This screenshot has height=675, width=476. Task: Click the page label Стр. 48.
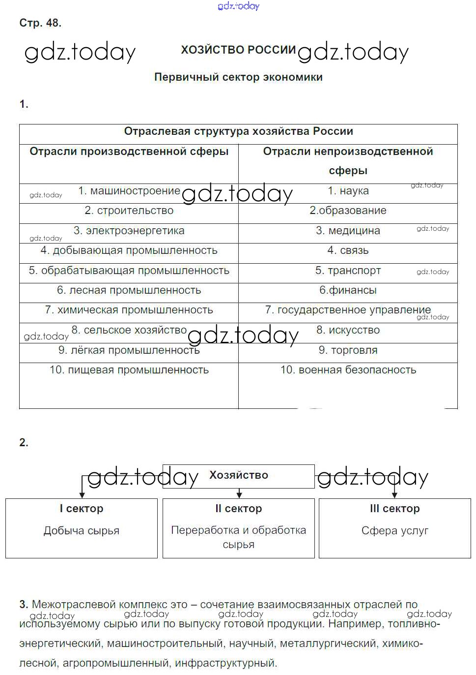click(x=40, y=23)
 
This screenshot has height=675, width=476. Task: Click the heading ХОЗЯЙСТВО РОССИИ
click(x=238, y=50)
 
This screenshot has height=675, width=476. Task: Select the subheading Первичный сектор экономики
click(x=238, y=77)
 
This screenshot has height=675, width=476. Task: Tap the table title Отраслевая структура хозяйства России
click(x=238, y=131)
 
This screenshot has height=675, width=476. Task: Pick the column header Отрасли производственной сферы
click(x=129, y=152)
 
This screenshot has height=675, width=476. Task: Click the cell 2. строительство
click(x=129, y=211)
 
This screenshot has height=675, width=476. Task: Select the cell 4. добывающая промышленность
click(x=129, y=250)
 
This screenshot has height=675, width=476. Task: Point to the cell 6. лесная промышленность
click(x=129, y=290)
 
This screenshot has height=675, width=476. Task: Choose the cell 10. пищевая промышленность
click(x=129, y=370)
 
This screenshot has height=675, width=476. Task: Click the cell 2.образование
click(x=348, y=211)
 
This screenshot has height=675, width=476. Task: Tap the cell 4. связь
click(x=348, y=250)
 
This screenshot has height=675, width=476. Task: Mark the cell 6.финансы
click(x=348, y=290)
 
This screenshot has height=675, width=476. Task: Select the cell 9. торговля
click(x=348, y=350)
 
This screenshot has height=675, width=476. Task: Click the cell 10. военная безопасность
click(x=348, y=370)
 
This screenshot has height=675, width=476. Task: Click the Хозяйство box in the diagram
click(x=239, y=476)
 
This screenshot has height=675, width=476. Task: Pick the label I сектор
click(x=82, y=509)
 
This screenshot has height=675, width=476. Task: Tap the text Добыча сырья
click(x=82, y=531)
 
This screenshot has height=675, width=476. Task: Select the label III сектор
click(x=394, y=509)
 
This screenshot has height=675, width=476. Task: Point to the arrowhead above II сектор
click(x=239, y=494)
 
